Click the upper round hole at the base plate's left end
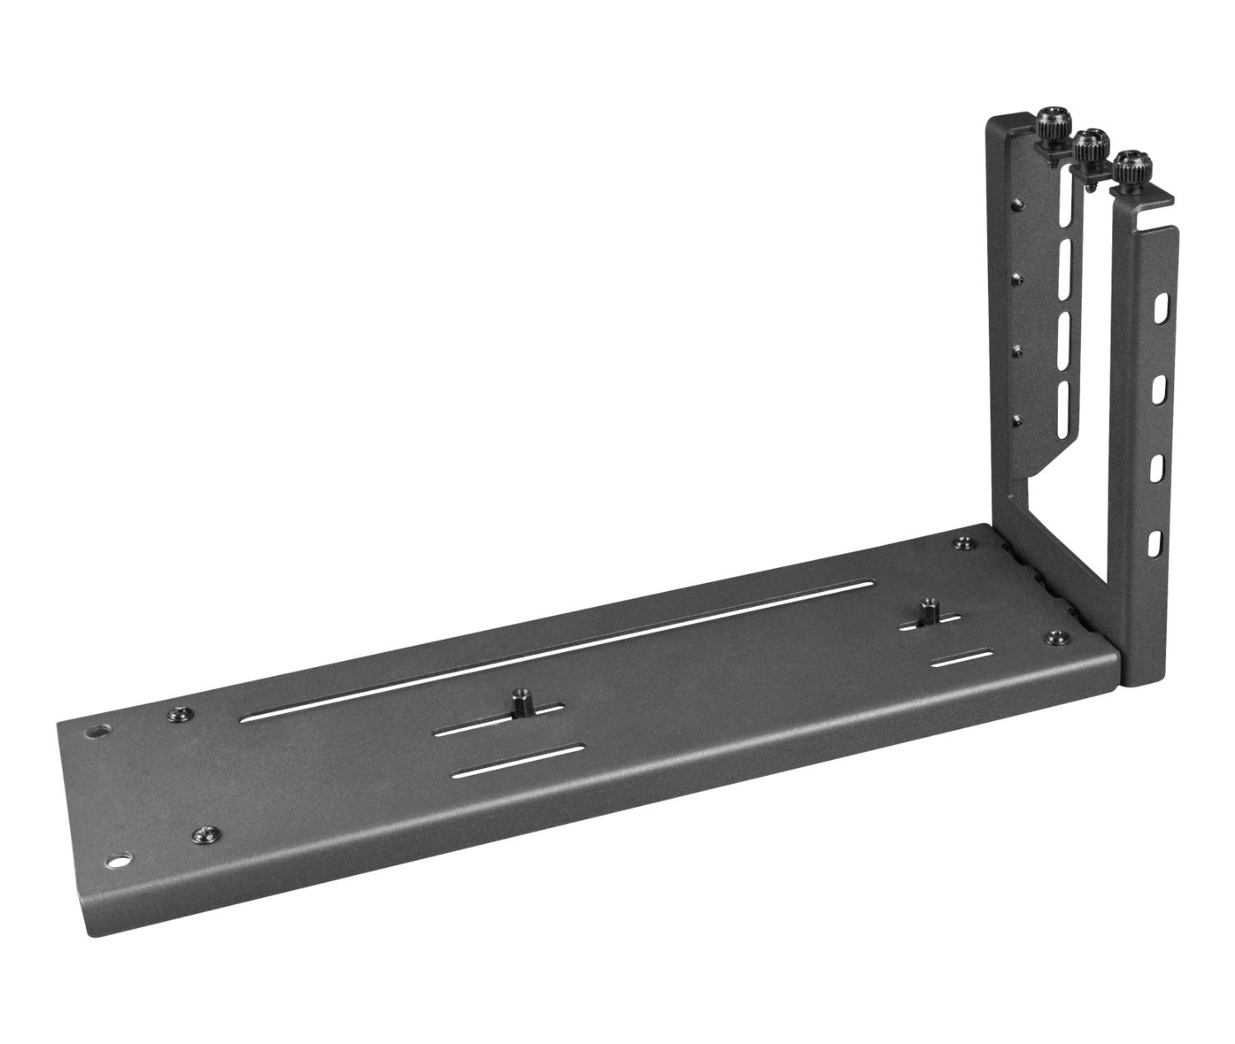[x=97, y=730]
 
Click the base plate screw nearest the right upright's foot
[x=1056, y=636]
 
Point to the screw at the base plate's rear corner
[x=962, y=543]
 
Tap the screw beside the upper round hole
[x=177, y=715]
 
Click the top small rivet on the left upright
[x=1020, y=203]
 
